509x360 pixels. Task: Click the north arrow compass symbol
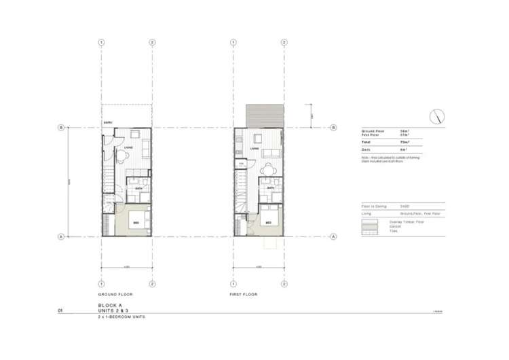pyautogui.click(x=437, y=115)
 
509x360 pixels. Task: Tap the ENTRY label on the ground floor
pyautogui.click(x=108, y=122)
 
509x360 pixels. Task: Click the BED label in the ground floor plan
pyautogui.click(x=136, y=222)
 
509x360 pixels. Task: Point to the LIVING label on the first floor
pyautogui.click(x=255, y=148)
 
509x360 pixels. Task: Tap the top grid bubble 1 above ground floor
pyautogui.click(x=101, y=42)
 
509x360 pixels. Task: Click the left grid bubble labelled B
pyautogui.click(x=60, y=127)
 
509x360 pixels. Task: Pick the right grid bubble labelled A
pyautogui.click(x=333, y=236)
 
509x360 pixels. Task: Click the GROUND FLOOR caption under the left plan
pyautogui.click(x=115, y=295)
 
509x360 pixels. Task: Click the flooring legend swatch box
pyautogui.click(x=370, y=226)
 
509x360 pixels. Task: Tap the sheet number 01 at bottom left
pyautogui.click(x=60, y=310)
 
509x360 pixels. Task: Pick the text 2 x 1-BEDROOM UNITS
pyautogui.click(x=121, y=317)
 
